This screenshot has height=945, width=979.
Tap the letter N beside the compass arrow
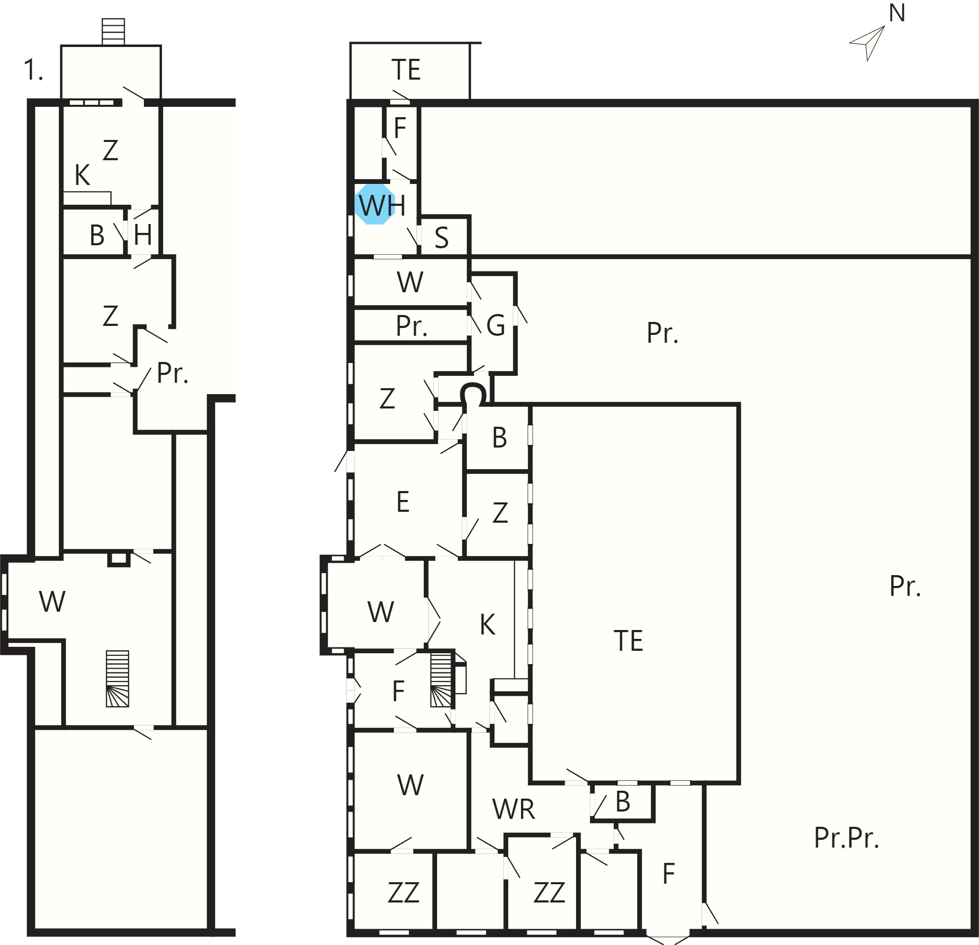[897, 13]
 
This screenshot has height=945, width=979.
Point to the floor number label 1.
[33, 70]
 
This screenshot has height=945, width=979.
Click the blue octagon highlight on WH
[375, 204]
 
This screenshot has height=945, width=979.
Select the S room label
[441, 238]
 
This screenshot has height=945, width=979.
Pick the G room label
[495, 326]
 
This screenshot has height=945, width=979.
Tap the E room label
[402, 502]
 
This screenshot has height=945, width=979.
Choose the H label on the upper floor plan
[143, 235]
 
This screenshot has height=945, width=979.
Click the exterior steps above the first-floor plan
[113, 32]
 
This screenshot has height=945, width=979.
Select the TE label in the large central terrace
[628, 641]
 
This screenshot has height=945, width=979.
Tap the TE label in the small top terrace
[405, 70]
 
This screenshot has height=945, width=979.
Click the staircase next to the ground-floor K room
[442, 680]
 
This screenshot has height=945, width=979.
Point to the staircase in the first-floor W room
[117, 679]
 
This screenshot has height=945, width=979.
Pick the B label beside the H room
[97, 236]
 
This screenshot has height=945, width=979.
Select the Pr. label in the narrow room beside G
[411, 326]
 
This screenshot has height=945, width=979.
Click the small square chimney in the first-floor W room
[119, 559]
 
